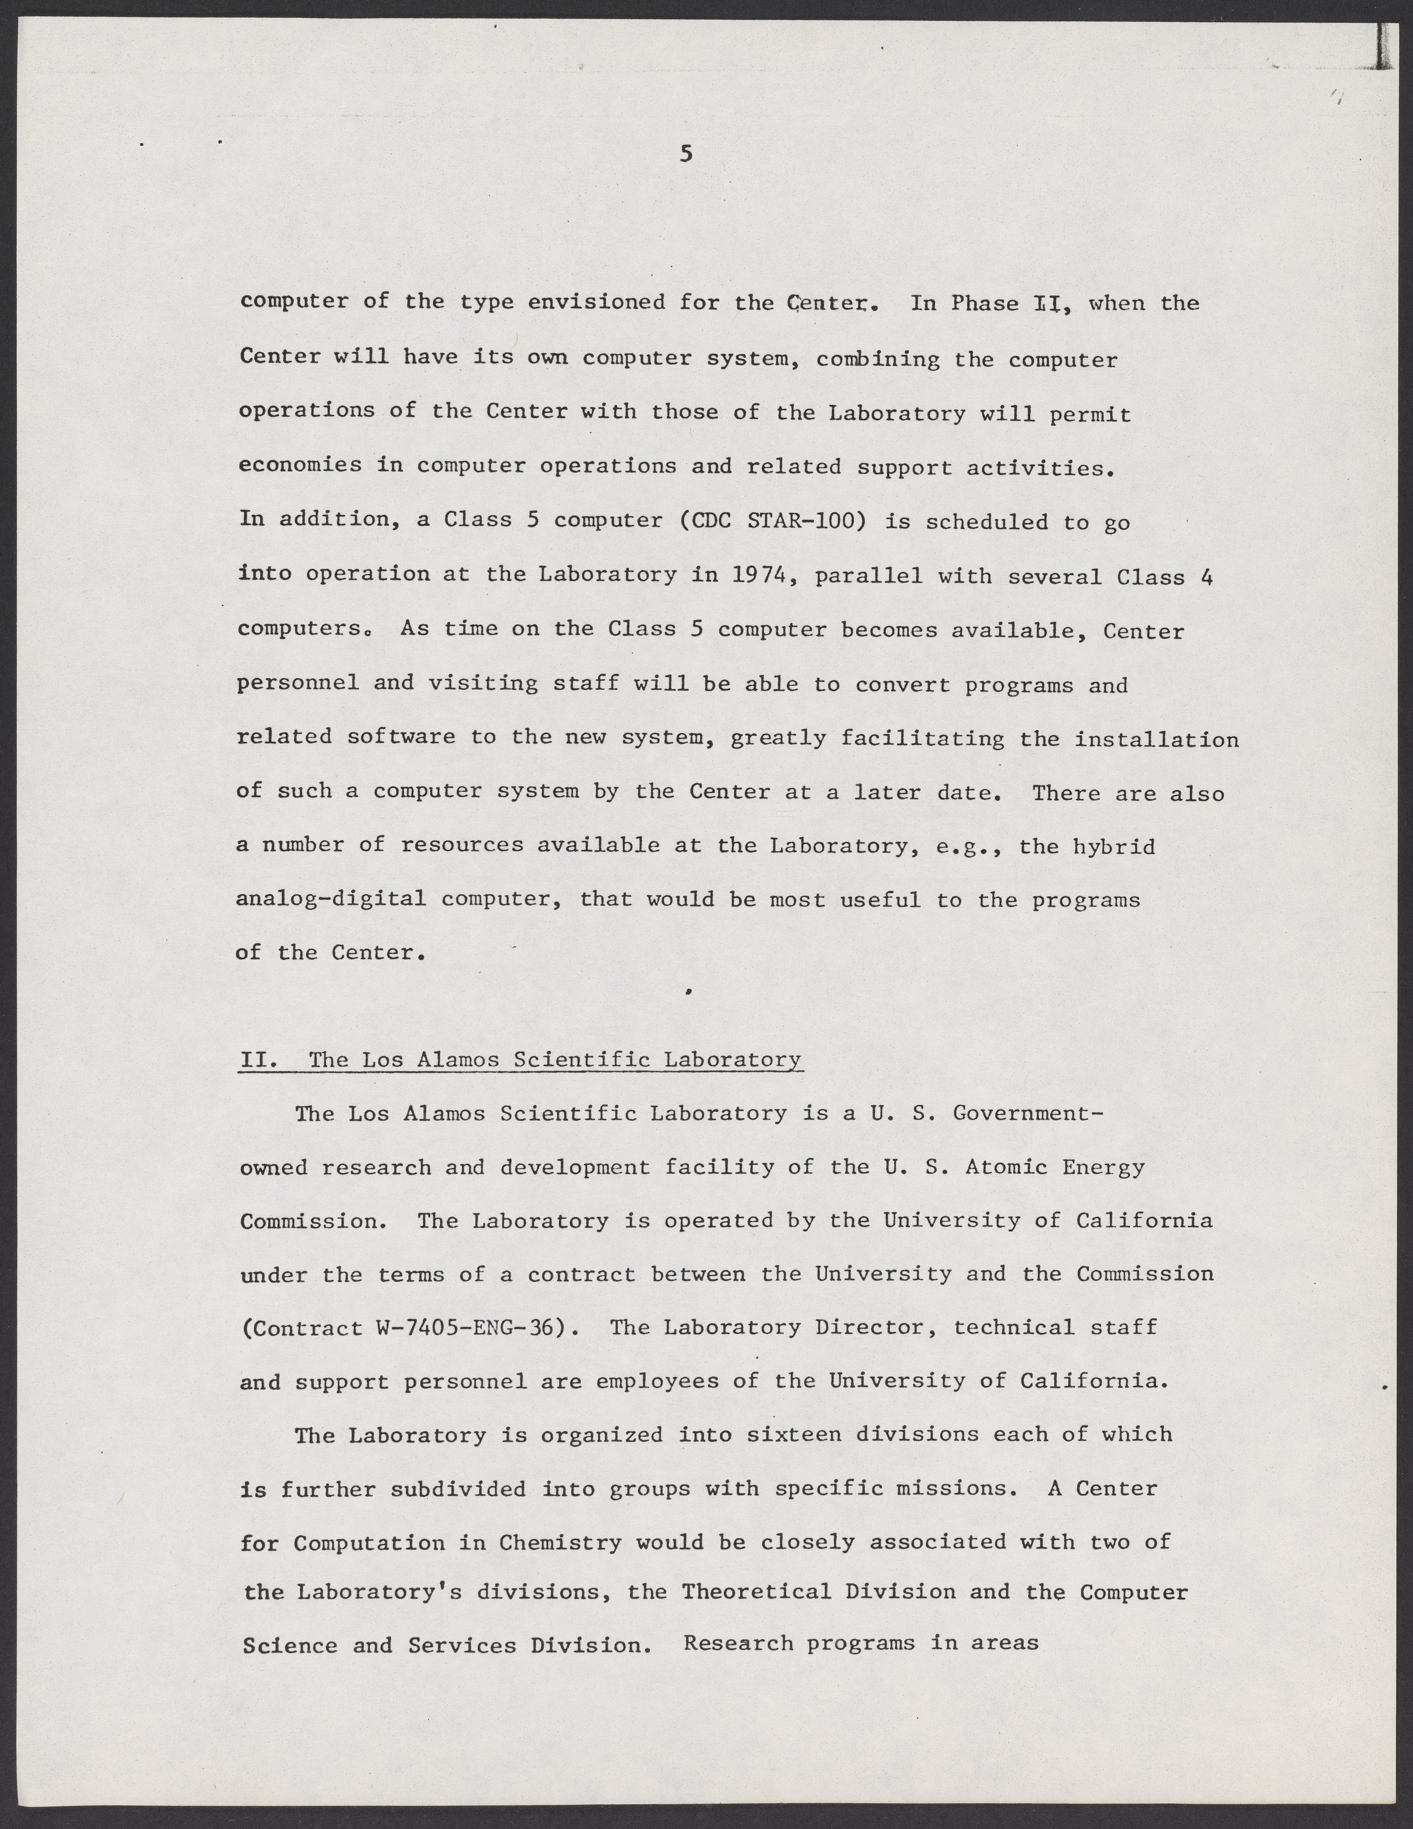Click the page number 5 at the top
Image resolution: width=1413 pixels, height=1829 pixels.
pos(686,153)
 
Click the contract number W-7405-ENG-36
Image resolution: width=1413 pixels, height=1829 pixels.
pos(467,1327)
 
